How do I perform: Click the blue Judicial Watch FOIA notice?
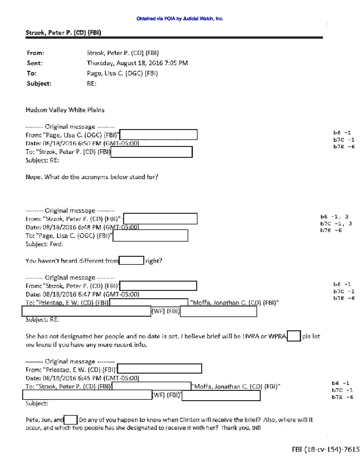pos(180,19)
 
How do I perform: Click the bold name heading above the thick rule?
pos(63,32)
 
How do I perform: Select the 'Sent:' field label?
pos(34,63)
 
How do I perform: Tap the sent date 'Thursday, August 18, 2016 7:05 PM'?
pos(137,63)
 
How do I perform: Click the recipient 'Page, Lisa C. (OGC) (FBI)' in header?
pos(122,73)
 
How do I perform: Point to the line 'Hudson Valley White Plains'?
pos(65,110)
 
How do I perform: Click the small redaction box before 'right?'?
pos(131,260)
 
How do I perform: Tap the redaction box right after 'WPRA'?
pos(294,336)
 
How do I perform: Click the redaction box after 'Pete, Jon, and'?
pos(70,420)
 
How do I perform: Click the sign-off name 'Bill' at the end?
pos(256,428)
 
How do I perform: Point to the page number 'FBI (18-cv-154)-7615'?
pos(326,449)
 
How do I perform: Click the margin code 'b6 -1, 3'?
pos(334,217)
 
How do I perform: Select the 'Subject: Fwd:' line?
pos(44,244)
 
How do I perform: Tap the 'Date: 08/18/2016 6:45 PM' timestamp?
pos(82,378)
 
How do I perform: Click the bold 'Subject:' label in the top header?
pos(39,83)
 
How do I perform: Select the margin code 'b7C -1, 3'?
pos(336,224)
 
